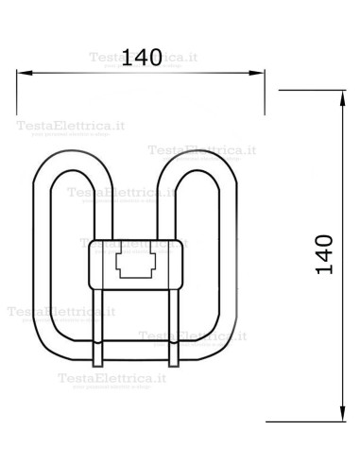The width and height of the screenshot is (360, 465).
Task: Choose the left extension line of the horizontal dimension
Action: click(19, 90)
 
